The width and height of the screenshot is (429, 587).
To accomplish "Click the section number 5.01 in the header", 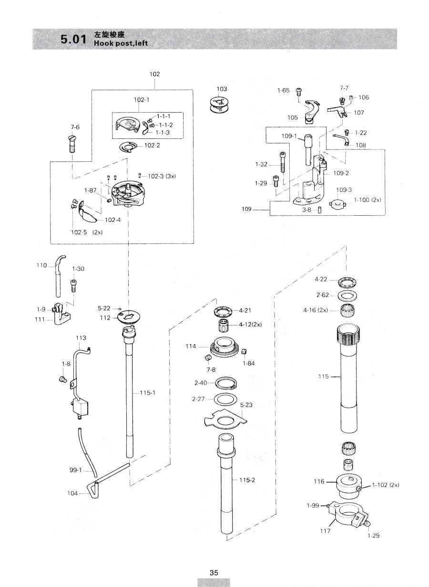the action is tap(73, 39).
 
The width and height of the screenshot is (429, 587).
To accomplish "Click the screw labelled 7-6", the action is tap(73, 144).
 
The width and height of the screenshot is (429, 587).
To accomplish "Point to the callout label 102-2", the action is tap(152, 146).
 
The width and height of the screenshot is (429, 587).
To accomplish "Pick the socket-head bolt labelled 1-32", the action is tap(282, 162).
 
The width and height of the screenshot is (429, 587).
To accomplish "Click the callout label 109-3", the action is tap(344, 190).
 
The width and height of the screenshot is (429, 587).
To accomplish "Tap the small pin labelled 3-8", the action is tap(319, 210).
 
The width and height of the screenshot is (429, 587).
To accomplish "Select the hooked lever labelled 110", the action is tap(59, 276).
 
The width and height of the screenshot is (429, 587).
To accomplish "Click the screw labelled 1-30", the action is tap(73, 285).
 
